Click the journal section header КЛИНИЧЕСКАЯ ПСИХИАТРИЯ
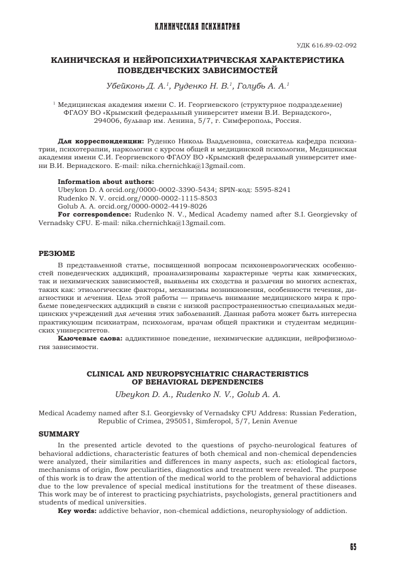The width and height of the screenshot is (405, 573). tap(198, 27)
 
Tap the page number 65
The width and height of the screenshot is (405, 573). tap(353, 547)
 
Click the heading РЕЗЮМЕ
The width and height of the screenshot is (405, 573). tap(56, 253)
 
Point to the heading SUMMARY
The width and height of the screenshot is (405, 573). tap(58, 434)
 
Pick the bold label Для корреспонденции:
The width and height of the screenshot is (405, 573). tap(102, 139)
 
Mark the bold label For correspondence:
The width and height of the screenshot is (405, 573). tap(95, 214)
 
